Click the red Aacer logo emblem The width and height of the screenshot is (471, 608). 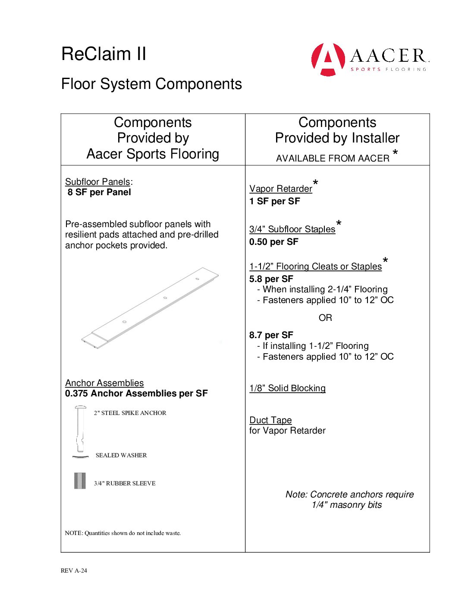pyautogui.click(x=328, y=59)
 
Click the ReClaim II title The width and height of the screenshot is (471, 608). pyautogui.click(x=104, y=54)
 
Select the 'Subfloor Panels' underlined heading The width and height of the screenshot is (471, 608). pyautogui.click(x=97, y=182)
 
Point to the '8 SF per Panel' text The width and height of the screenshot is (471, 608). pyautogui.click(x=99, y=192)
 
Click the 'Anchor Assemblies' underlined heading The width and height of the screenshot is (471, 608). pyautogui.click(x=104, y=383)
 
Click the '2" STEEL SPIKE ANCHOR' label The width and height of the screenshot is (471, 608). pyautogui.click(x=130, y=413)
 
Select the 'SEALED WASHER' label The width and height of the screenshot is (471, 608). pyautogui.click(x=121, y=455)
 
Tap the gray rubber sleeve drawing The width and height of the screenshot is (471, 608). pyautogui.click(x=80, y=481)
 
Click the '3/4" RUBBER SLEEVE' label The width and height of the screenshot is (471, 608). pyautogui.click(x=125, y=483)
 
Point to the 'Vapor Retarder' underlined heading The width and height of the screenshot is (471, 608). pyautogui.click(x=281, y=189)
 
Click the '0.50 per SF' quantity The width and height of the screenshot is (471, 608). pyautogui.click(x=274, y=242)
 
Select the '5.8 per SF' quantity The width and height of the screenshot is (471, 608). pyautogui.click(x=271, y=279)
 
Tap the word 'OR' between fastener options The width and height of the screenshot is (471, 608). pyautogui.click(x=325, y=318)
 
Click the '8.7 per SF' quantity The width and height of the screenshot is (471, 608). pyautogui.click(x=271, y=335)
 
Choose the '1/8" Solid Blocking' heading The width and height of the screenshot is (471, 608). pyautogui.click(x=287, y=388)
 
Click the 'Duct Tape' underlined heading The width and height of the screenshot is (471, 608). pyautogui.click(x=270, y=420)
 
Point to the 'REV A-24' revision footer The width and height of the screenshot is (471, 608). pyautogui.click(x=74, y=570)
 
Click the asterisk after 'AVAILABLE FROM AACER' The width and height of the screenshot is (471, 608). pyautogui.click(x=395, y=152)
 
